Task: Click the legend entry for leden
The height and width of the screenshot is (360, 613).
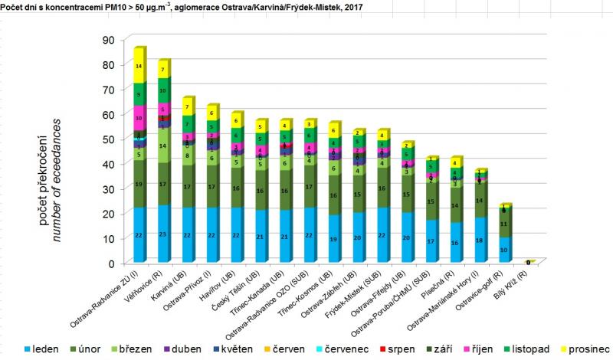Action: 48,349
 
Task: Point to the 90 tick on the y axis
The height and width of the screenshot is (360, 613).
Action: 107,40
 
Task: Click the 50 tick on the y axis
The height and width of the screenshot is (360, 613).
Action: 107,139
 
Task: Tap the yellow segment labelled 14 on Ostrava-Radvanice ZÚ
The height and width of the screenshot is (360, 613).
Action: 139,67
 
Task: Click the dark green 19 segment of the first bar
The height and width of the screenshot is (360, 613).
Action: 139,184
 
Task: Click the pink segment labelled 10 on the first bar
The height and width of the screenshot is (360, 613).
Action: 139,118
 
